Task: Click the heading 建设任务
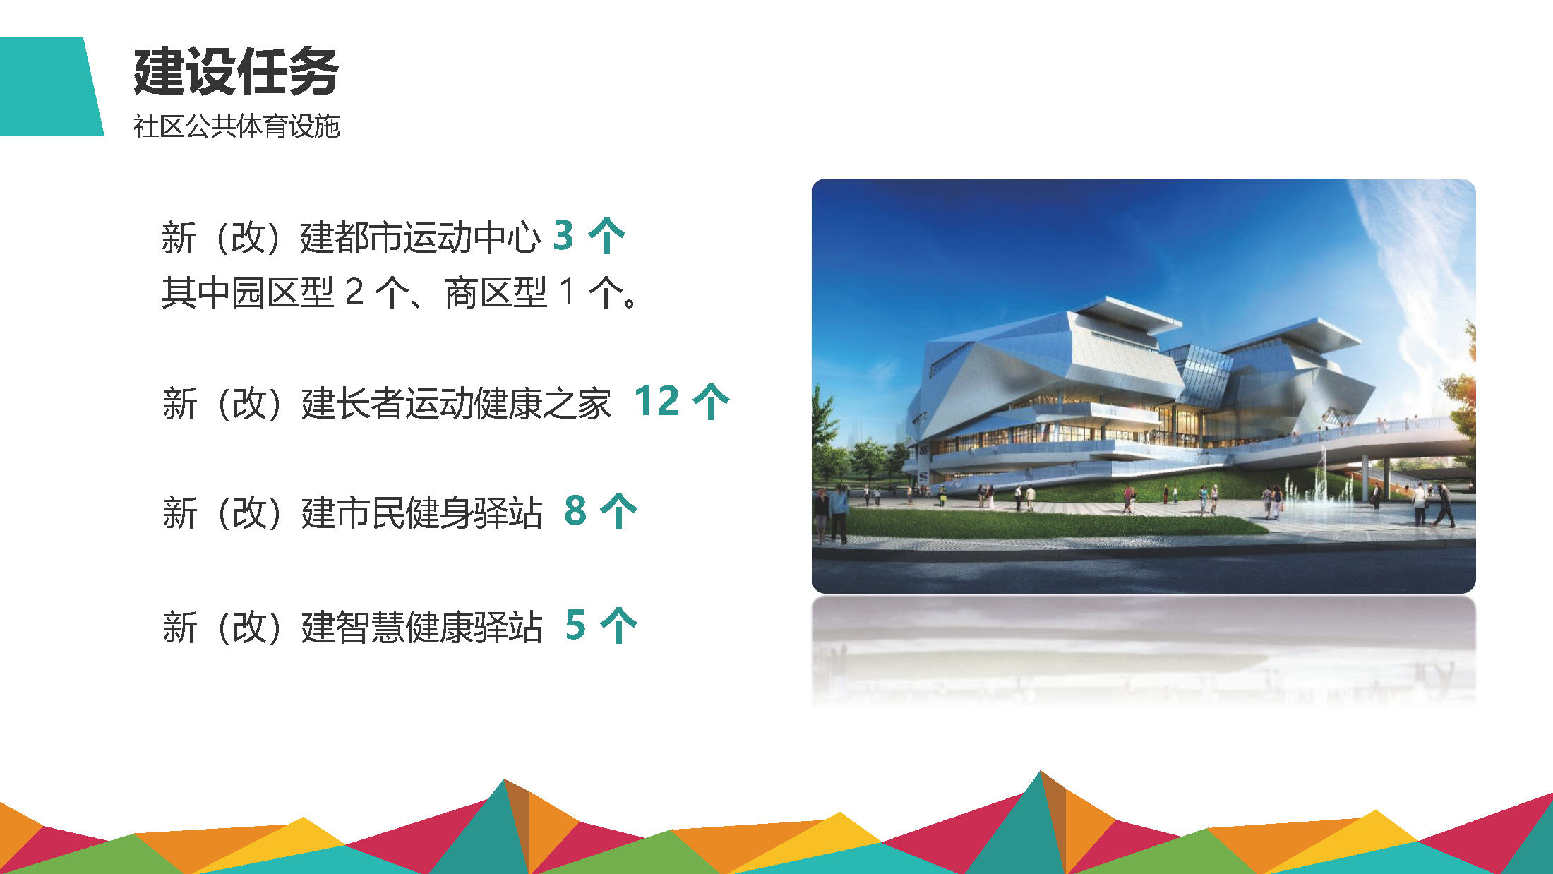236,71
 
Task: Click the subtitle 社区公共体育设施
236,126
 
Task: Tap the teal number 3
563,235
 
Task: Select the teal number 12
656,401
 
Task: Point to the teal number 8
575,510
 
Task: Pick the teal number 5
575,625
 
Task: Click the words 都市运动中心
438,237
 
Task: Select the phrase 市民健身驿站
439,513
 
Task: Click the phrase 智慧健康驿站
439,628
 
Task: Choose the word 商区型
496,292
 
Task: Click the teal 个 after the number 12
711,402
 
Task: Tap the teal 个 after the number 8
618,511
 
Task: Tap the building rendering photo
1144,386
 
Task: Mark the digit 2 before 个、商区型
354,292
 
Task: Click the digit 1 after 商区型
566,292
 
